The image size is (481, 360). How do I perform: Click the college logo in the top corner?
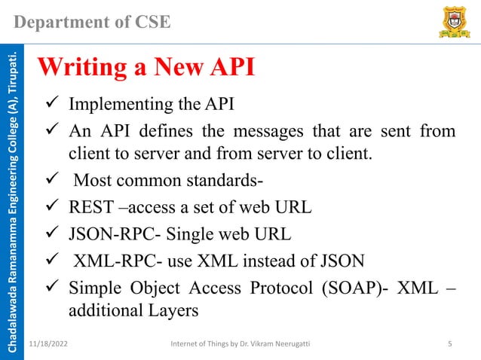pos(451,23)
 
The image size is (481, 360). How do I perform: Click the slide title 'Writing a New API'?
pos(146,68)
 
